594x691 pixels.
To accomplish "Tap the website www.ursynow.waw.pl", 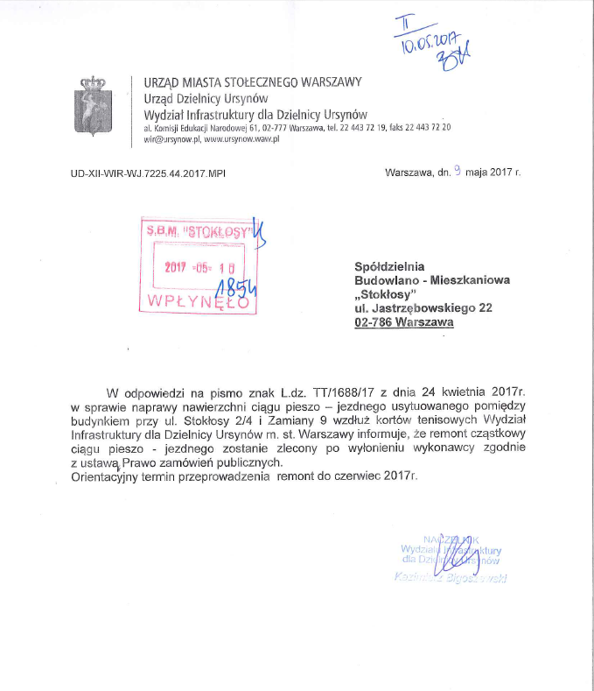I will pos(241,140).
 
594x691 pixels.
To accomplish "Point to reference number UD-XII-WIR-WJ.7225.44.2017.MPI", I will pos(148,173).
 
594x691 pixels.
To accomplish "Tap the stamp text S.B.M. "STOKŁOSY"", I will pos(199,233).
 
